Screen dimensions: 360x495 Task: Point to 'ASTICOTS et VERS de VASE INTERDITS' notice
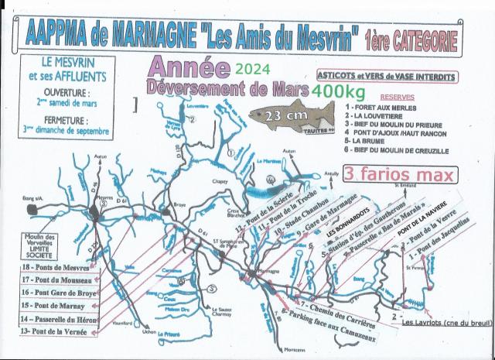(x=387, y=77)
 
